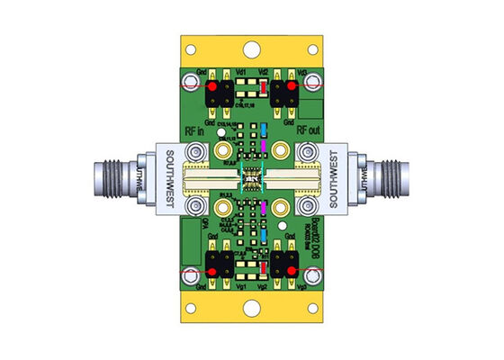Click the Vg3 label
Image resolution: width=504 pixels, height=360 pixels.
point(302,287)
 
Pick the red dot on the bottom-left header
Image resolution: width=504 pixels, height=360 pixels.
point(213,268)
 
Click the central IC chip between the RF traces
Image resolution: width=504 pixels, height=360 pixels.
point(253,181)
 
